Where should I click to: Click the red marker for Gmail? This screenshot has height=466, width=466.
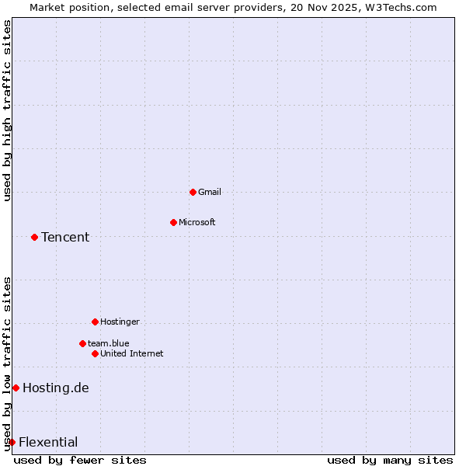tap(193, 192)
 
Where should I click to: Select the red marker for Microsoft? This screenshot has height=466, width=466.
tap(173, 222)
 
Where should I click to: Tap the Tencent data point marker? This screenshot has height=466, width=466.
tap(34, 237)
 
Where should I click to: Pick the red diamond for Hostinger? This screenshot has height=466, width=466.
tap(95, 322)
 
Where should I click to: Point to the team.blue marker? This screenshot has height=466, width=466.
tap(82, 343)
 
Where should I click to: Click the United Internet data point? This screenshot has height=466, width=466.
tap(95, 353)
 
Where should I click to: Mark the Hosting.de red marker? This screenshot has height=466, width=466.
tap(16, 388)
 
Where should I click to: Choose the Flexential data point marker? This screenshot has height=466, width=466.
tap(12, 442)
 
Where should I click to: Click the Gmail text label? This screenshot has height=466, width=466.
tap(210, 192)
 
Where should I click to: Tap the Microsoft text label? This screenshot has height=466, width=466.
tap(197, 222)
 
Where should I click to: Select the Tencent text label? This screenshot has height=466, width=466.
tap(65, 237)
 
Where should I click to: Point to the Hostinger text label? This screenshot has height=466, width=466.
tap(120, 322)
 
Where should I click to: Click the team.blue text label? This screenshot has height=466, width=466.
tap(109, 343)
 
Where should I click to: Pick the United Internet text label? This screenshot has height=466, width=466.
tap(132, 353)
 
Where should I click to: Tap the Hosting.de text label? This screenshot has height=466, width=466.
tap(56, 388)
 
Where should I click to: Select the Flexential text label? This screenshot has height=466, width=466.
tap(48, 442)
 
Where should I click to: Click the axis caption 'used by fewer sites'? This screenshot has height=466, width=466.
tap(80, 460)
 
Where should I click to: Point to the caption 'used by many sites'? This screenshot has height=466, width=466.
tap(390, 460)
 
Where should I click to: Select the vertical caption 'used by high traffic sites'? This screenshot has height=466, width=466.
tap(7, 110)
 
